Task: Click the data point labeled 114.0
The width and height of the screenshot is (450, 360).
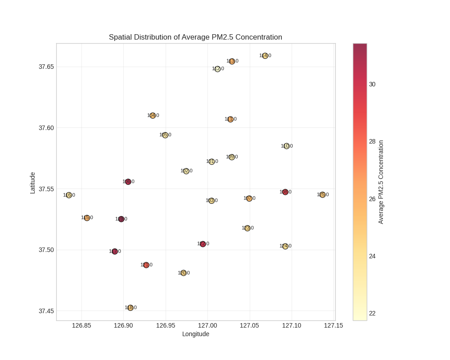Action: pos(265,56)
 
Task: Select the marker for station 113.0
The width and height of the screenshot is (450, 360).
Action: pos(232,61)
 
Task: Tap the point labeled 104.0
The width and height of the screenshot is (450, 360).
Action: pos(153,116)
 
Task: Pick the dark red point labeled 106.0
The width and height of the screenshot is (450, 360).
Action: pos(128,182)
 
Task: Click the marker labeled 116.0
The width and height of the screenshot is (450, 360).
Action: pos(69,195)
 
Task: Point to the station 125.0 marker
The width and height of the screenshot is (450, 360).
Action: pos(323,195)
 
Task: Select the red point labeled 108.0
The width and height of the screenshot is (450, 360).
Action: pos(285,192)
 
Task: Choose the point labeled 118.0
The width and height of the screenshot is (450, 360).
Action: pos(130,308)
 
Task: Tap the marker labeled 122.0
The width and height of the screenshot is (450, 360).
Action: pos(203,244)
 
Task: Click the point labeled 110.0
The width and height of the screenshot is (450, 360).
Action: pos(287,146)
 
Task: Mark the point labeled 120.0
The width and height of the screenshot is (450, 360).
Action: pos(184,273)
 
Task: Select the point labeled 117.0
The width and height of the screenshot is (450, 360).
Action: pos(115,252)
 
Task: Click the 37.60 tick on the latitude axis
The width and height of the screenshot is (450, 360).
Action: pos(46,128)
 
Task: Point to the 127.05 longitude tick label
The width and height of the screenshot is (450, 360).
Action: pos(249,325)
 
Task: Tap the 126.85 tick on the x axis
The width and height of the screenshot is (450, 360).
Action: pos(81,325)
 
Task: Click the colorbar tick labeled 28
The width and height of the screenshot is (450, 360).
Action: pos(372,142)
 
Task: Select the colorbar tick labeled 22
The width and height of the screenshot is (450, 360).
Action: pos(372,314)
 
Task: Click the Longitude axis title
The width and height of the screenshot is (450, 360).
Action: pos(196,334)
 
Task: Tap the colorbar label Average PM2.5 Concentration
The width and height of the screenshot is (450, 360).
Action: pos(381,182)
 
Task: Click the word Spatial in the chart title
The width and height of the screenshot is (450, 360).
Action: pos(121,37)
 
